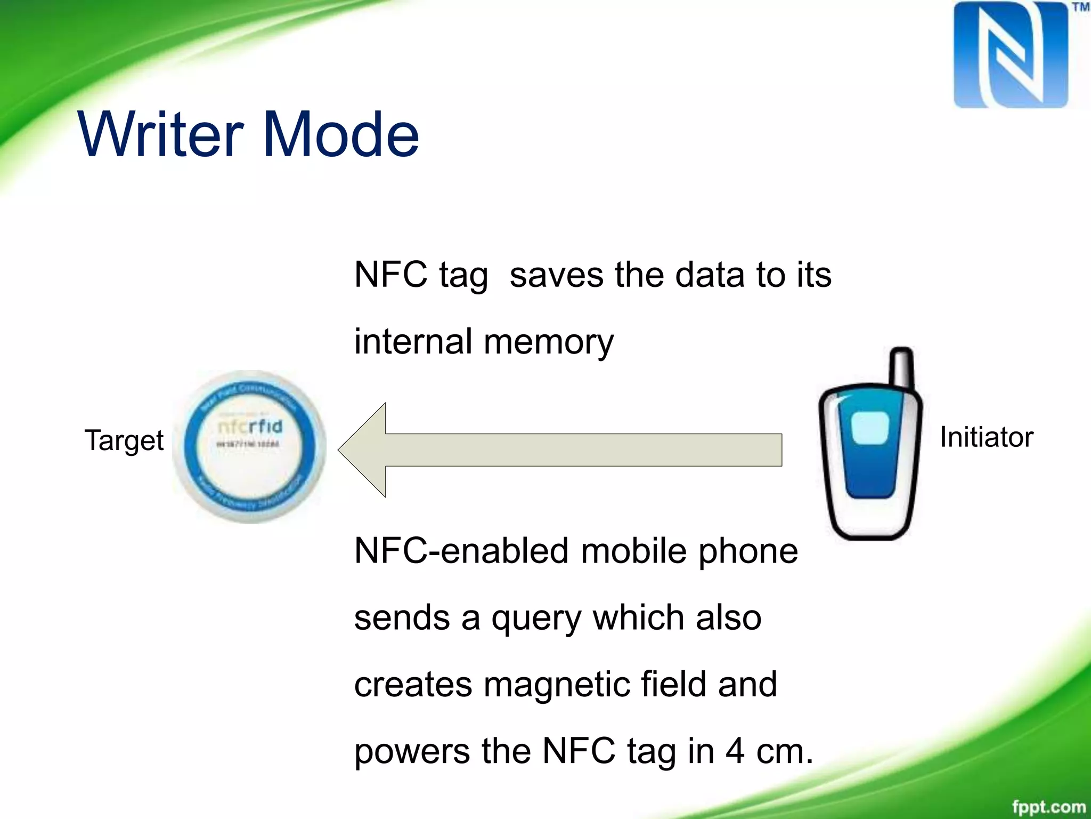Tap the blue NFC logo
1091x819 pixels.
pyautogui.click(x=1011, y=54)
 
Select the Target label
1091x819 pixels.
pyautogui.click(x=124, y=441)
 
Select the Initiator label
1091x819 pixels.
pyautogui.click(x=986, y=437)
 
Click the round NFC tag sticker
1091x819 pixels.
pyautogui.click(x=249, y=447)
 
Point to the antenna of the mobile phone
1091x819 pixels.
pyautogui.click(x=902, y=368)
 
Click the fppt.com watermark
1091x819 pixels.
pyautogui.click(x=1048, y=806)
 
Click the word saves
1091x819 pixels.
pyautogui.click(x=556, y=275)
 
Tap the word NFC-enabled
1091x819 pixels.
pyautogui.click(x=461, y=551)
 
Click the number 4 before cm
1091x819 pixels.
pyautogui.click(x=735, y=751)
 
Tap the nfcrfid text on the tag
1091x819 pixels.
pyautogui.click(x=250, y=426)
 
